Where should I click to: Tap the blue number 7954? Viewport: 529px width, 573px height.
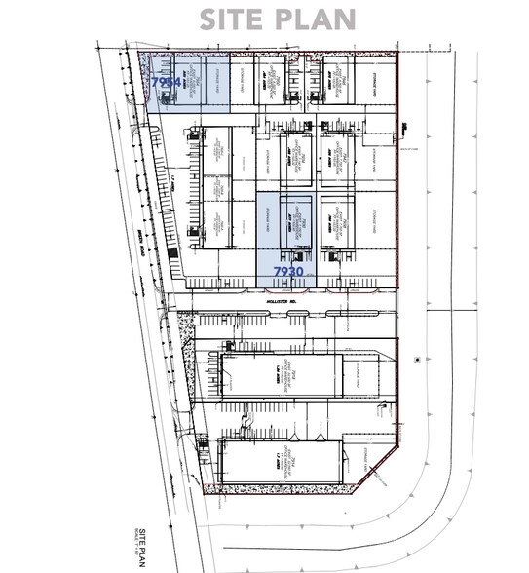pyautogui.click(x=165, y=85)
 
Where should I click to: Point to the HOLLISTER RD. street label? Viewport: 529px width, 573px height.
pyautogui.click(x=281, y=302)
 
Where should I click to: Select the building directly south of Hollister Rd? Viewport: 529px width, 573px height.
pyautogui.click(x=283, y=375)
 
